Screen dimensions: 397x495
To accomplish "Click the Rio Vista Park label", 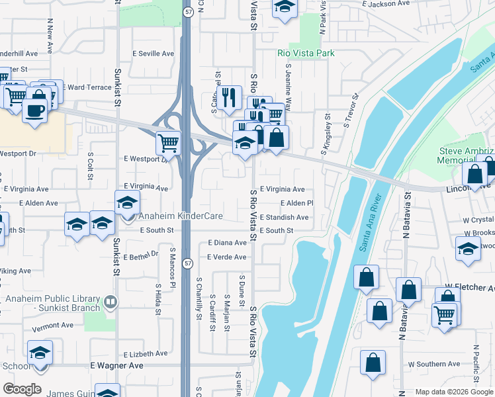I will (306, 53).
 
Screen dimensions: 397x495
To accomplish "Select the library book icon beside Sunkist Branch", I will (110, 302).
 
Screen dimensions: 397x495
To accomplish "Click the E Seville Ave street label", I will (153, 54).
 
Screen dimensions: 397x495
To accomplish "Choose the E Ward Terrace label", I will (89, 87).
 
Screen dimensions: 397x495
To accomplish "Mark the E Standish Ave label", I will (284, 217).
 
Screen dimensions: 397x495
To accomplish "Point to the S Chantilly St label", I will (199, 298).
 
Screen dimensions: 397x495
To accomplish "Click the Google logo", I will (22, 388).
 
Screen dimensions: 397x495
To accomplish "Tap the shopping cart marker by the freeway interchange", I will (169, 141).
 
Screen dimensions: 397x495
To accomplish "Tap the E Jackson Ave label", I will (386, 4).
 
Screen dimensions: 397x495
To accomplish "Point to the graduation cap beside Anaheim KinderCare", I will (127, 202).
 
